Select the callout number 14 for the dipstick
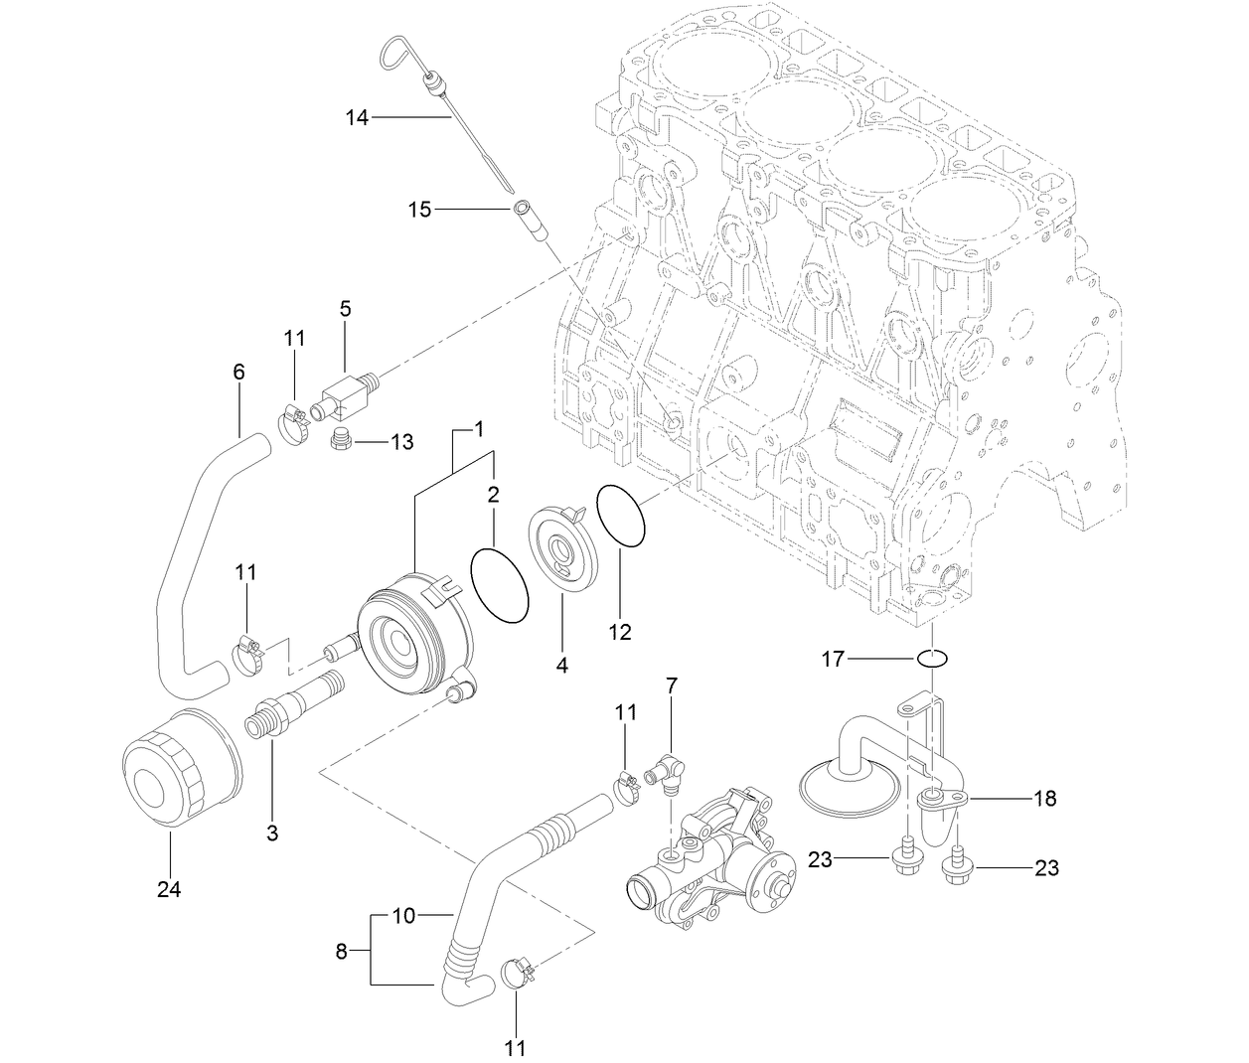tap(357, 118)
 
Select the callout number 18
tap(1044, 798)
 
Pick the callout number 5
tap(345, 309)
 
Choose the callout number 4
tap(562, 666)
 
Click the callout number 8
tap(342, 952)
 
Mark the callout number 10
tap(403, 915)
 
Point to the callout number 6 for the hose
tap(238, 372)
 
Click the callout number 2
tap(493, 494)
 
